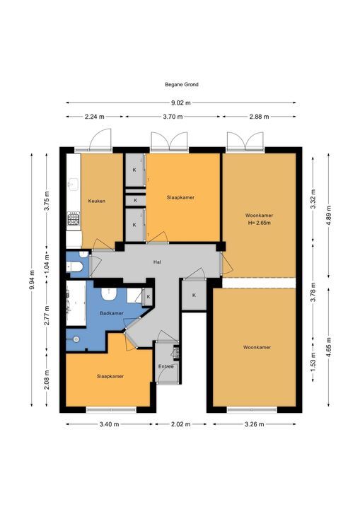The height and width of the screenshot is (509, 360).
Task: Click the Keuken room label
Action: (x=97, y=201)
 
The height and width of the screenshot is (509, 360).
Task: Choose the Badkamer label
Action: (x=112, y=313)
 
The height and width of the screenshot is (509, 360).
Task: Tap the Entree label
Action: (x=166, y=367)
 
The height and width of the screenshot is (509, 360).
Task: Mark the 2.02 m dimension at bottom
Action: (x=181, y=424)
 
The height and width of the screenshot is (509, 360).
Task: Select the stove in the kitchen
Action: (x=73, y=221)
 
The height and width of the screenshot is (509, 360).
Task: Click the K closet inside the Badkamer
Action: (x=149, y=298)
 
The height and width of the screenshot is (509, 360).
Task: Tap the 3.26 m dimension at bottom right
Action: (x=255, y=424)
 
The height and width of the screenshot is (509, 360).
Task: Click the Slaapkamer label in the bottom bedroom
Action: (x=110, y=377)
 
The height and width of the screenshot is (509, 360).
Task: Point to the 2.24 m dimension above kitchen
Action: (x=95, y=117)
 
